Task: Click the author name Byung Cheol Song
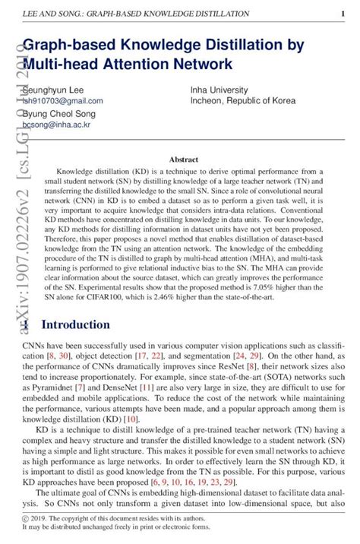tap(58, 113)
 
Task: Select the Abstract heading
tap(183, 160)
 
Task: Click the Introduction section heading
tap(75, 325)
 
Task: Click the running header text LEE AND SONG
tap(50, 14)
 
